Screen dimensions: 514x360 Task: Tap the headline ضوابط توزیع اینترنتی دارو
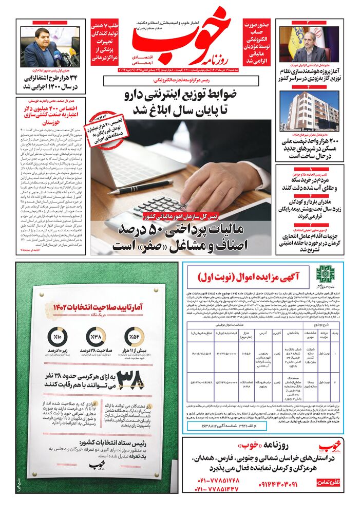[186, 102]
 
